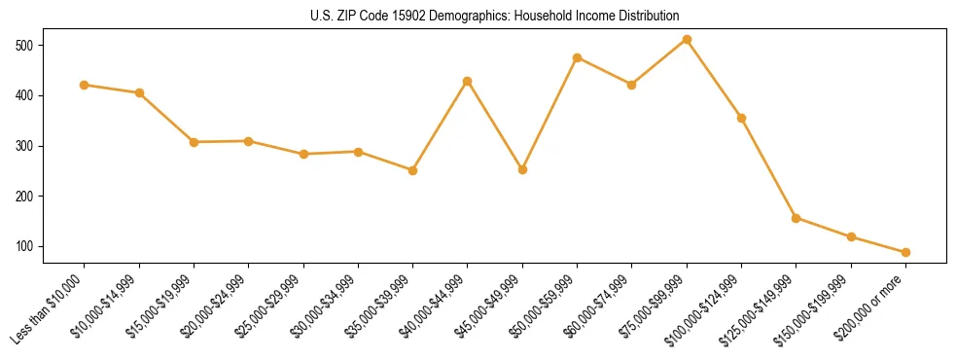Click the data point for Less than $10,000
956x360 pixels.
click(x=85, y=86)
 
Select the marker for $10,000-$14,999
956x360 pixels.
click(x=139, y=93)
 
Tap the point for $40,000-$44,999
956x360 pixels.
click(x=468, y=82)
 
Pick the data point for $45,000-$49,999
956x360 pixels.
click(x=522, y=169)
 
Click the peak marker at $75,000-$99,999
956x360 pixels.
click(x=687, y=40)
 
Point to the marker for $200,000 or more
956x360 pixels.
click(x=905, y=252)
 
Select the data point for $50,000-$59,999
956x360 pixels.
click(x=578, y=58)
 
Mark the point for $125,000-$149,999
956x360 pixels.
click(x=797, y=218)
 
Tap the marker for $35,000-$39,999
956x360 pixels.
click(x=413, y=170)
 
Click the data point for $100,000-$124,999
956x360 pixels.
click(x=742, y=119)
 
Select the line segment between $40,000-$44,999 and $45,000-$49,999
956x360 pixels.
click(x=495, y=126)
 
